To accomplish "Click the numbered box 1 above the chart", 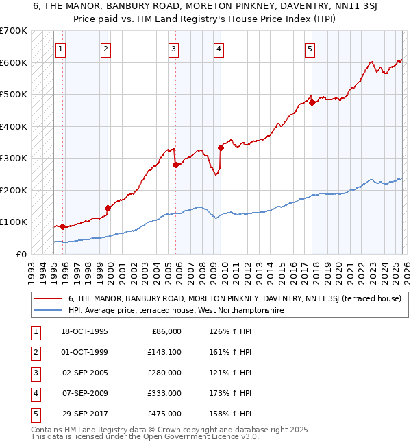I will [62, 49].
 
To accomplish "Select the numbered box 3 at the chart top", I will [174, 49].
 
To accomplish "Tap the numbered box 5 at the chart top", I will [310, 49].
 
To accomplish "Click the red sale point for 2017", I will [312, 103].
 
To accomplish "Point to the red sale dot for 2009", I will [221, 148].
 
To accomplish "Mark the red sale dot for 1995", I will [63, 226].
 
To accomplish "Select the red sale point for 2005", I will [175, 165].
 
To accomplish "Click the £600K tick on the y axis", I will [14, 62].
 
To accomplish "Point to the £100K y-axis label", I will [14, 222].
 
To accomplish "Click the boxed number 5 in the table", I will [34, 414].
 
